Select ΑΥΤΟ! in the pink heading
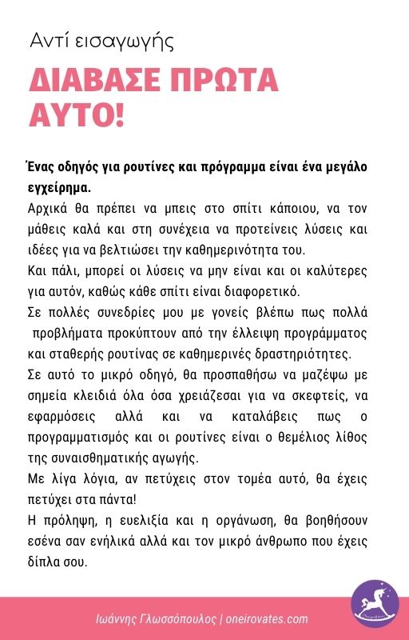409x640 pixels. pyautogui.click(x=77, y=114)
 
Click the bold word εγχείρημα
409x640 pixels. pyautogui.click(x=58, y=189)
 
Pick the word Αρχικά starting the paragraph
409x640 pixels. pyautogui.click(x=48, y=210)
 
